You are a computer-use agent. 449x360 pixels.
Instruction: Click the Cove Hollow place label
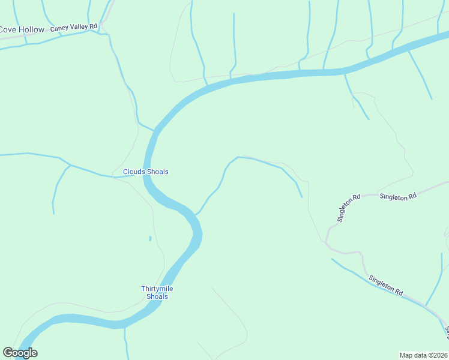(22, 29)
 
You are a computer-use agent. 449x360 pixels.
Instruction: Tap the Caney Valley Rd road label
(74, 27)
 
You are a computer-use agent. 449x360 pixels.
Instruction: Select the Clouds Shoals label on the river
(146, 172)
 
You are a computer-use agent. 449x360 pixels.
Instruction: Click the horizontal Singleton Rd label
(398, 197)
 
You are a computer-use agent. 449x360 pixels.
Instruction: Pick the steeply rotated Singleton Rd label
(348, 208)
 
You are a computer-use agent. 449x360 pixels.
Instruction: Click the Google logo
(20, 353)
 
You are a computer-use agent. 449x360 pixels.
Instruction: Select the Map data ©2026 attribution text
(424, 355)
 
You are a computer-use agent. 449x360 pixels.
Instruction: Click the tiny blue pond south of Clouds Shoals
(149, 238)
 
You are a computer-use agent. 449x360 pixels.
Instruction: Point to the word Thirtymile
(157, 289)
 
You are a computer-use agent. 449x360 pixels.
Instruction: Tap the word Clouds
(133, 172)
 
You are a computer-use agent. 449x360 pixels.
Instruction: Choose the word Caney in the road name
(60, 28)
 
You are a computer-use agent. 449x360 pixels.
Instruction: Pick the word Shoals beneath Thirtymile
(157, 296)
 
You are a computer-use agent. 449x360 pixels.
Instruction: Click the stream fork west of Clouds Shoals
(70, 164)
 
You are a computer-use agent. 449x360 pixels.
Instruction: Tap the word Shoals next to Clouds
(157, 172)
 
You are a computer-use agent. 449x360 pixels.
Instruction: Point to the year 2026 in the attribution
(439, 355)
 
